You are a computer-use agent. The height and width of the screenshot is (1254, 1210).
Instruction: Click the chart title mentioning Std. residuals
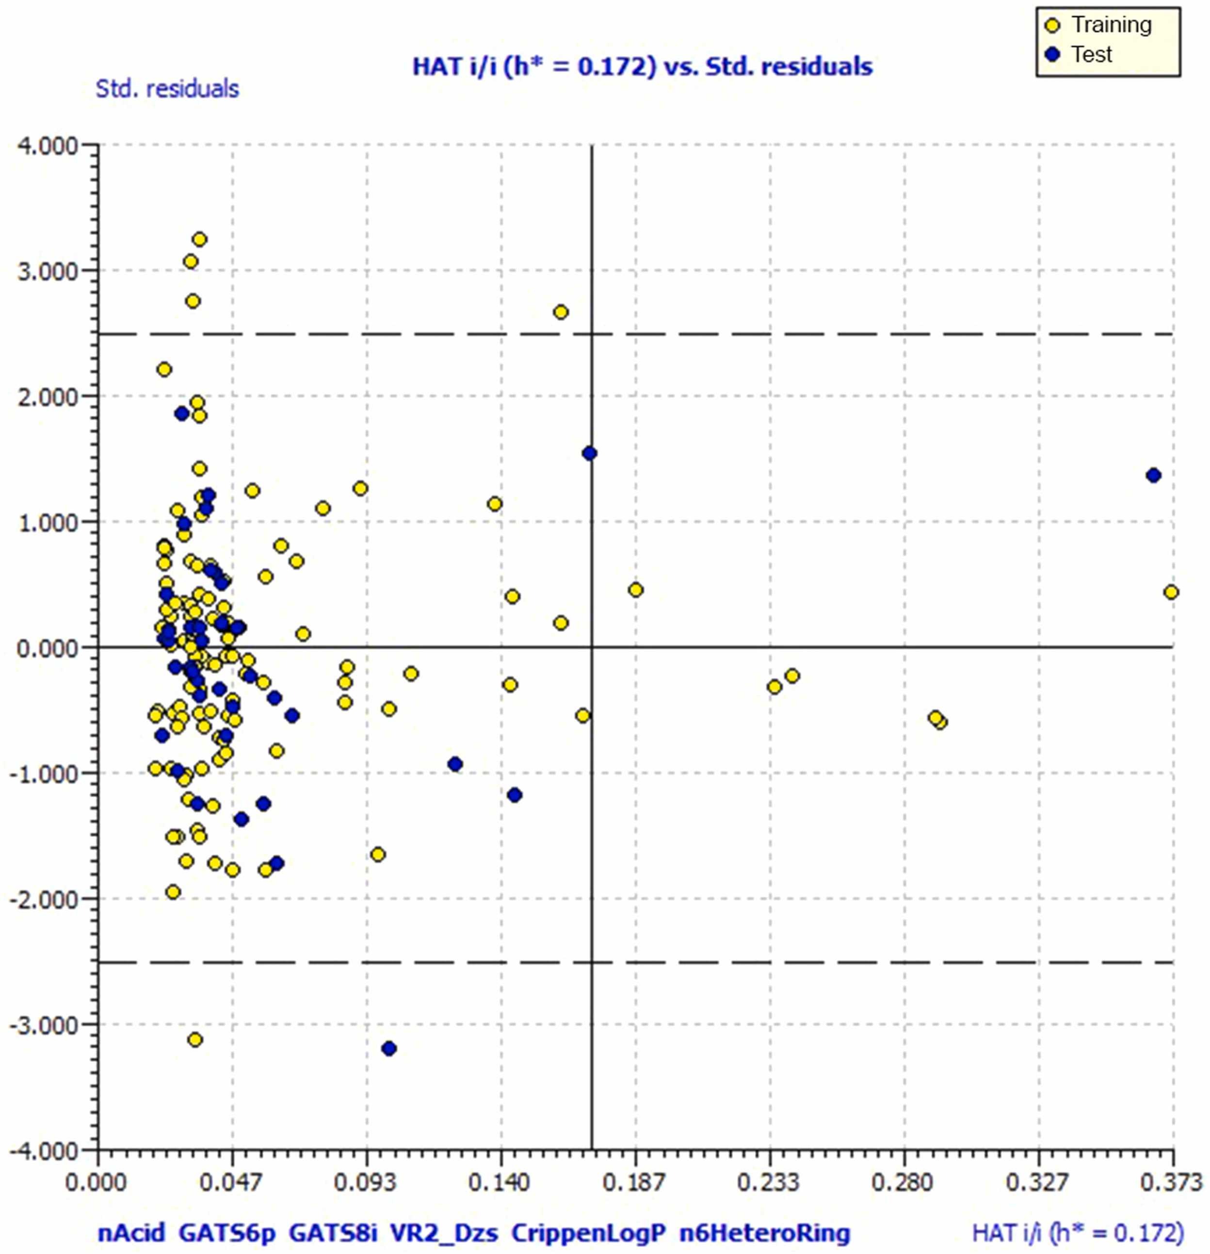pos(642,66)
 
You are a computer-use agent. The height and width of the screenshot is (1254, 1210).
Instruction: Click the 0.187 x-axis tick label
pos(636,1182)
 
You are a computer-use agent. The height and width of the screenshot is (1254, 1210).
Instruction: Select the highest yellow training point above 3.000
pos(199,239)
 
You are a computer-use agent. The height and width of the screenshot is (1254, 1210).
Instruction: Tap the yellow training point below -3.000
pos(195,1039)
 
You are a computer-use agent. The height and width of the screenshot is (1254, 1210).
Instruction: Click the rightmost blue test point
pos(1154,476)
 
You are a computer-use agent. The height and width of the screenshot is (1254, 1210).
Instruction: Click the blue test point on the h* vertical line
pos(590,454)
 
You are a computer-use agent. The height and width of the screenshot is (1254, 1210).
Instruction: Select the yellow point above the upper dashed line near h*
pos(561,312)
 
